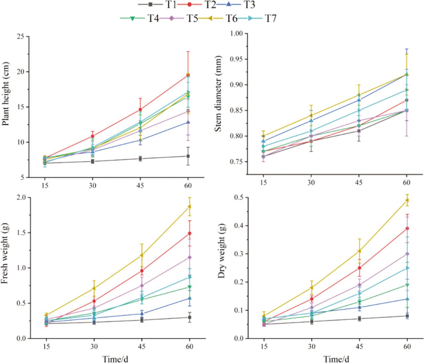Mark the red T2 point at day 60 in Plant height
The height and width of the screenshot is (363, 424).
click(x=188, y=75)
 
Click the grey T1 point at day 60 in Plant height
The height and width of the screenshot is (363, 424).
click(x=188, y=156)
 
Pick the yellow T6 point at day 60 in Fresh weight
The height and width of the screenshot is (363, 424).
click(x=189, y=207)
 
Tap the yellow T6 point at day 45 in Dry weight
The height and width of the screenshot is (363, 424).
click(x=359, y=251)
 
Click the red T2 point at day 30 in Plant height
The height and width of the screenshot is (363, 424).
click(x=92, y=136)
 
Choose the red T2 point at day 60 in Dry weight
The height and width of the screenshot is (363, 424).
click(x=407, y=228)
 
